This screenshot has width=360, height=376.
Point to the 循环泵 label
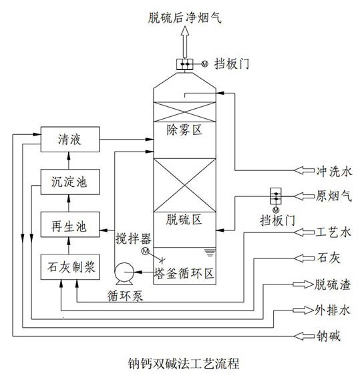click(x=125, y=296)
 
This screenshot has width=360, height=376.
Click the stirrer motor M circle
click(x=146, y=251)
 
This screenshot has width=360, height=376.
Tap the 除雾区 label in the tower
click(x=184, y=130)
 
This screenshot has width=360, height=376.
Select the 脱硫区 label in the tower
click(x=184, y=220)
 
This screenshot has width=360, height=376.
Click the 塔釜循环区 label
click(x=184, y=273)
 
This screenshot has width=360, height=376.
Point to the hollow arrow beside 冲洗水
click(x=304, y=170)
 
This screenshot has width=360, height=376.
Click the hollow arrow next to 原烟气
click(x=304, y=196)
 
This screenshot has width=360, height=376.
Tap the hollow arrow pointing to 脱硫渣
click(x=303, y=285)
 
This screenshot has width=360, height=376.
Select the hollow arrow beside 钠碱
click(x=304, y=336)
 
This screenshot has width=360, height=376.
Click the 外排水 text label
click(x=333, y=311)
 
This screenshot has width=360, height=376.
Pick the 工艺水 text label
click(x=333, y=232)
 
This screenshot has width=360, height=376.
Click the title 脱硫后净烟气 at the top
click(x=184, y=17)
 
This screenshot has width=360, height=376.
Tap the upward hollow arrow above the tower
click(x=185, y=41)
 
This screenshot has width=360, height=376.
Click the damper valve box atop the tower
click(x=185, y=64)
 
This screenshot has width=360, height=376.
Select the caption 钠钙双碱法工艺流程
click(x=184, y=363)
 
